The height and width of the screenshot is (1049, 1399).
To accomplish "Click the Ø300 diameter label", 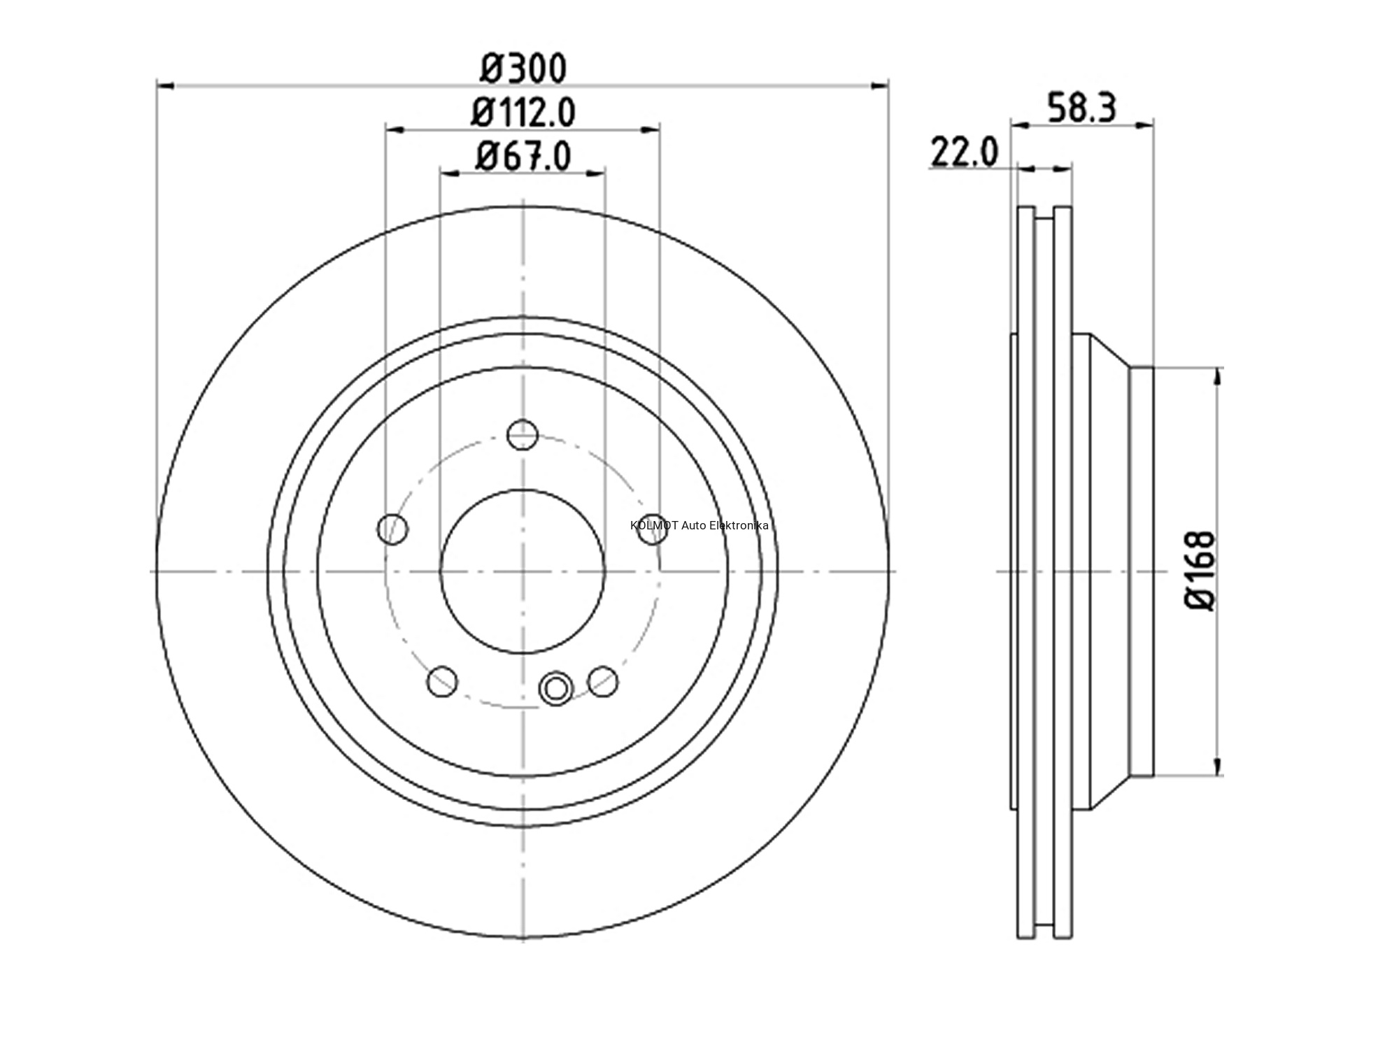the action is [523, 69].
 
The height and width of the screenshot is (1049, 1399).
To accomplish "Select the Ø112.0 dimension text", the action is [523, 113].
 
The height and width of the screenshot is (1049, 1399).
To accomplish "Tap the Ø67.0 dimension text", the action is [523, 156].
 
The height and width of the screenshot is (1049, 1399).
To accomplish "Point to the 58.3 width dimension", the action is [1081, 108].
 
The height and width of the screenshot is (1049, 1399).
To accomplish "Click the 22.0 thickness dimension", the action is [964, 152].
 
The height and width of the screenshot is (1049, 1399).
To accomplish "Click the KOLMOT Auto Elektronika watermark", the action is [699, 525].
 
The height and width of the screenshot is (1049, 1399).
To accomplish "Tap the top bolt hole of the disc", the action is [523, 434].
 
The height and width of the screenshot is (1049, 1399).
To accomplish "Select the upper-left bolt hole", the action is [393, 529].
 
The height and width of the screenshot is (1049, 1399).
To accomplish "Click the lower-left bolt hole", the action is [442, 681].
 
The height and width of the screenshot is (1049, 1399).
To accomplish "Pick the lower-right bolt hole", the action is [603, 681].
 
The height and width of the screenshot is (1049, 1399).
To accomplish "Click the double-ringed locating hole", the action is [556, 688].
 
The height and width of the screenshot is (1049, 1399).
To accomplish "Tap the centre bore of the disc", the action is [523, 571].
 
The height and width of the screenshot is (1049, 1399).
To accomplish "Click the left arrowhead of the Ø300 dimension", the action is [165, 85].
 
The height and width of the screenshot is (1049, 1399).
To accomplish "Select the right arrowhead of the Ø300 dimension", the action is [879, 85].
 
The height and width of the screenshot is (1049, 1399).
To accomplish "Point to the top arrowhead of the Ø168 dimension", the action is [1219, 376].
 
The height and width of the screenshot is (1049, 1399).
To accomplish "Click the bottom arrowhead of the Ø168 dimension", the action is [1219, 766].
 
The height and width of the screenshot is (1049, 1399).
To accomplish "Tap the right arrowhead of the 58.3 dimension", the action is [1145, 125].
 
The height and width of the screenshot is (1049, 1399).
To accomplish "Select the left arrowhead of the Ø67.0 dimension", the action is [448, 173].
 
